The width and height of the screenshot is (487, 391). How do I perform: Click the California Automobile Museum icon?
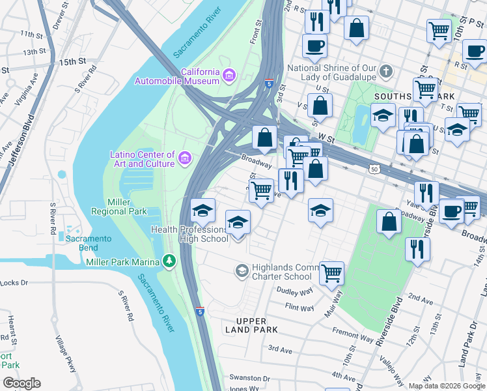click(229, 76)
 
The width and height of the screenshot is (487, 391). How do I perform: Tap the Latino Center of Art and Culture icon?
click(185, 158)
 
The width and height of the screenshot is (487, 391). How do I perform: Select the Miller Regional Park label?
click(119, 207)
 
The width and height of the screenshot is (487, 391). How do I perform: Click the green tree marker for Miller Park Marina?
click(169, 261)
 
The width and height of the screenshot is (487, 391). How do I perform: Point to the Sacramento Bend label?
click(81, 243)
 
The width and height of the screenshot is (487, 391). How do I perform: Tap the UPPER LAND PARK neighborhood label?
click(260, 326)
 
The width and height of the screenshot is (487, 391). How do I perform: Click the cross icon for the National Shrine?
click(385, 70)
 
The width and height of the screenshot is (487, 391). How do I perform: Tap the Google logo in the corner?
click(21, 383)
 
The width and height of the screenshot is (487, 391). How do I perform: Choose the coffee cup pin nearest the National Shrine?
click(315, 46)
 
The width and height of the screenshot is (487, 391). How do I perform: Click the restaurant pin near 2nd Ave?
click(417, 248)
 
